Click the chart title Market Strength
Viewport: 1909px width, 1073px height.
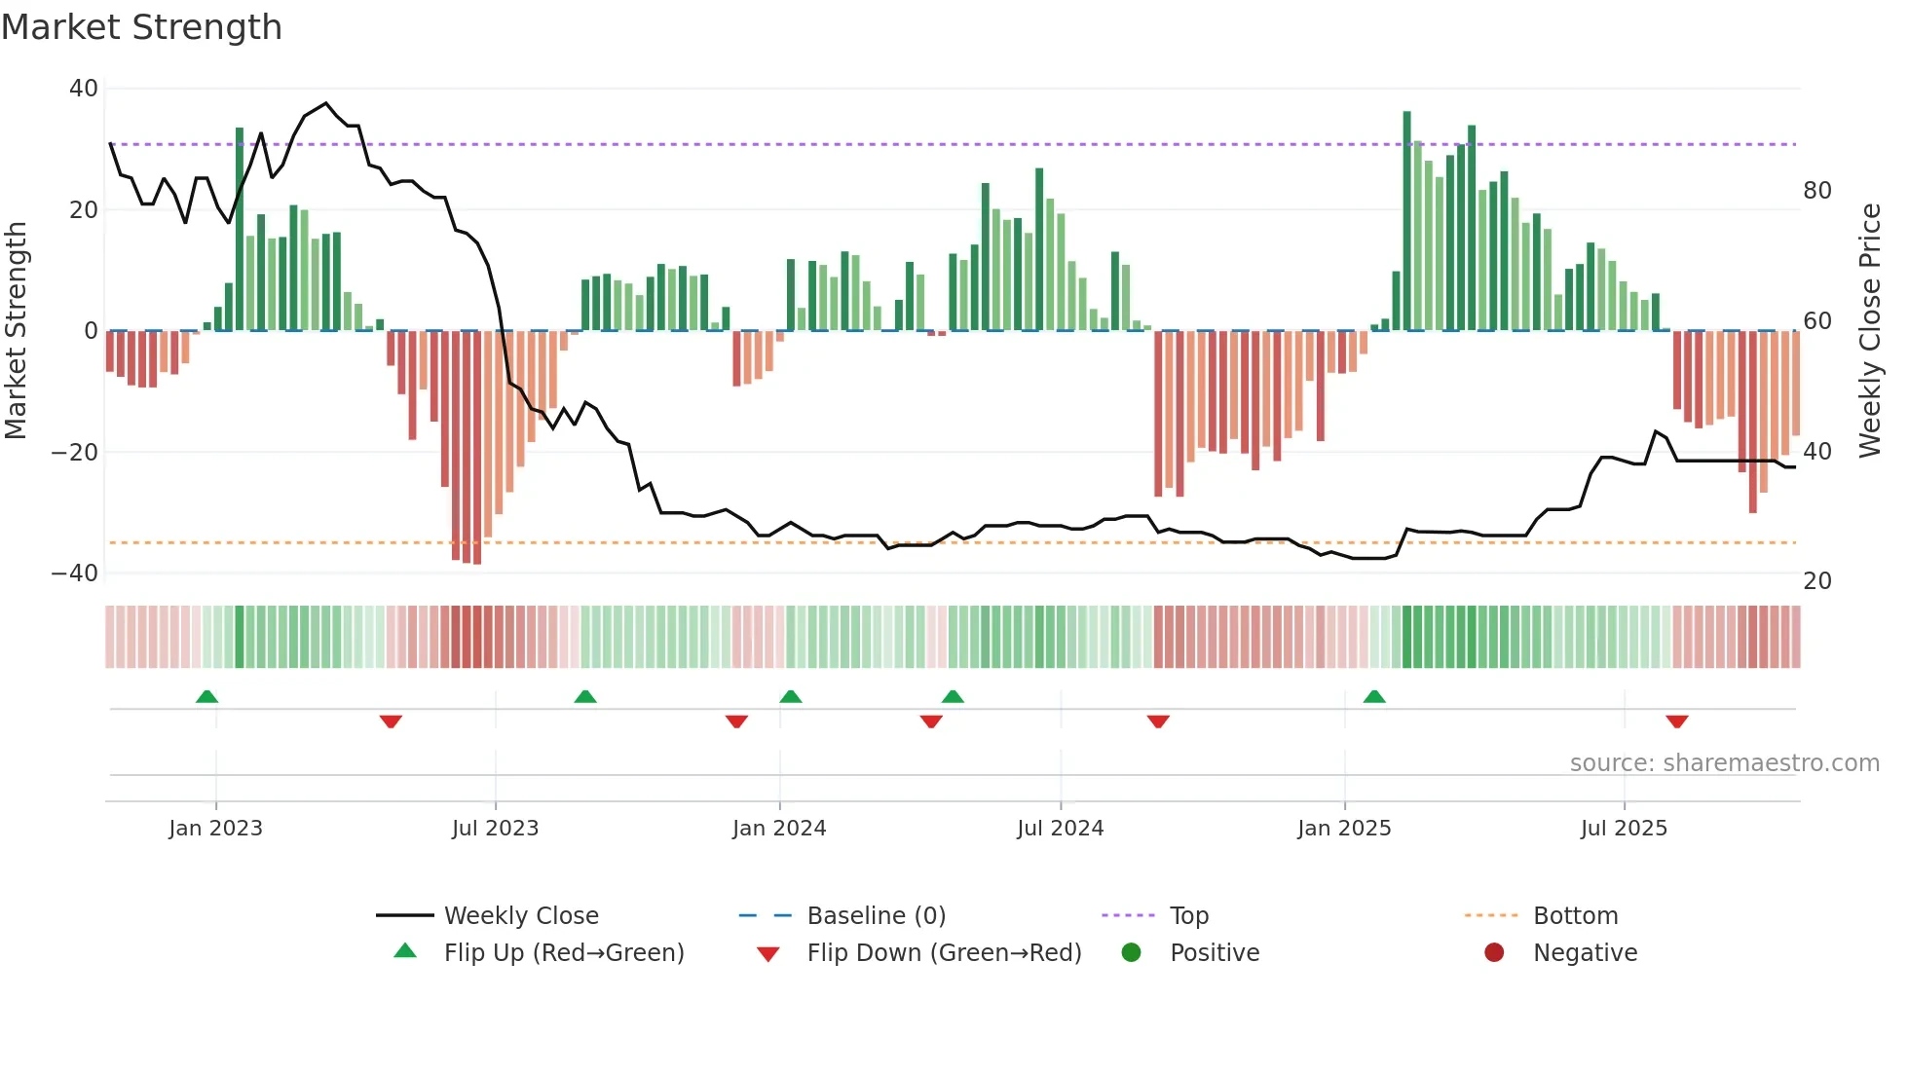[x=141, y=27]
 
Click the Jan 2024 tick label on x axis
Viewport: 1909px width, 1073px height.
[x=779, y=829]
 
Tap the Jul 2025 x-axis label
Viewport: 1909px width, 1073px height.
[x=1624, y=829]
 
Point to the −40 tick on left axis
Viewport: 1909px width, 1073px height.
[x=75, y=573]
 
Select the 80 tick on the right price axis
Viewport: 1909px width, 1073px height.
[x=1816, y=191]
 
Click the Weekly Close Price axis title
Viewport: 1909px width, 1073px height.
[x=1869, y=331]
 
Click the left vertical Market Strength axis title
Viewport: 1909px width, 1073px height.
[x=17, y=331]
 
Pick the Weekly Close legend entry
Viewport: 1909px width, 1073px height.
[x=520, y=916]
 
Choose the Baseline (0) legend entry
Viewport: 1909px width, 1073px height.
[x=876, y=916]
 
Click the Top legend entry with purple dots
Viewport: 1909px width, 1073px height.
[x=1188, y=916]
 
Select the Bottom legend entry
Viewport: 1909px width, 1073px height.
[x=1575, y=916]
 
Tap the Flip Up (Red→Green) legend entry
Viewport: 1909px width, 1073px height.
[x=563, y=953]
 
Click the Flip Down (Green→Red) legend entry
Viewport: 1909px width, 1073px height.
[x=943, y=953]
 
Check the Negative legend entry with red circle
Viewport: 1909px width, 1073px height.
[x=1584, y=953]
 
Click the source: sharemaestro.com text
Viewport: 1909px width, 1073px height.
[x=1724, y=763]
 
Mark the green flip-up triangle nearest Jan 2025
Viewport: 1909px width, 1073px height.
[x=1374, y=697]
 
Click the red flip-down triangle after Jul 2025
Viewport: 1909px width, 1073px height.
[x=1676, y=721]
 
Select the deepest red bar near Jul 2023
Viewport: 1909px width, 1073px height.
[x=477, y=448]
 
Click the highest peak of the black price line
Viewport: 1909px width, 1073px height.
[x=326, y=103]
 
